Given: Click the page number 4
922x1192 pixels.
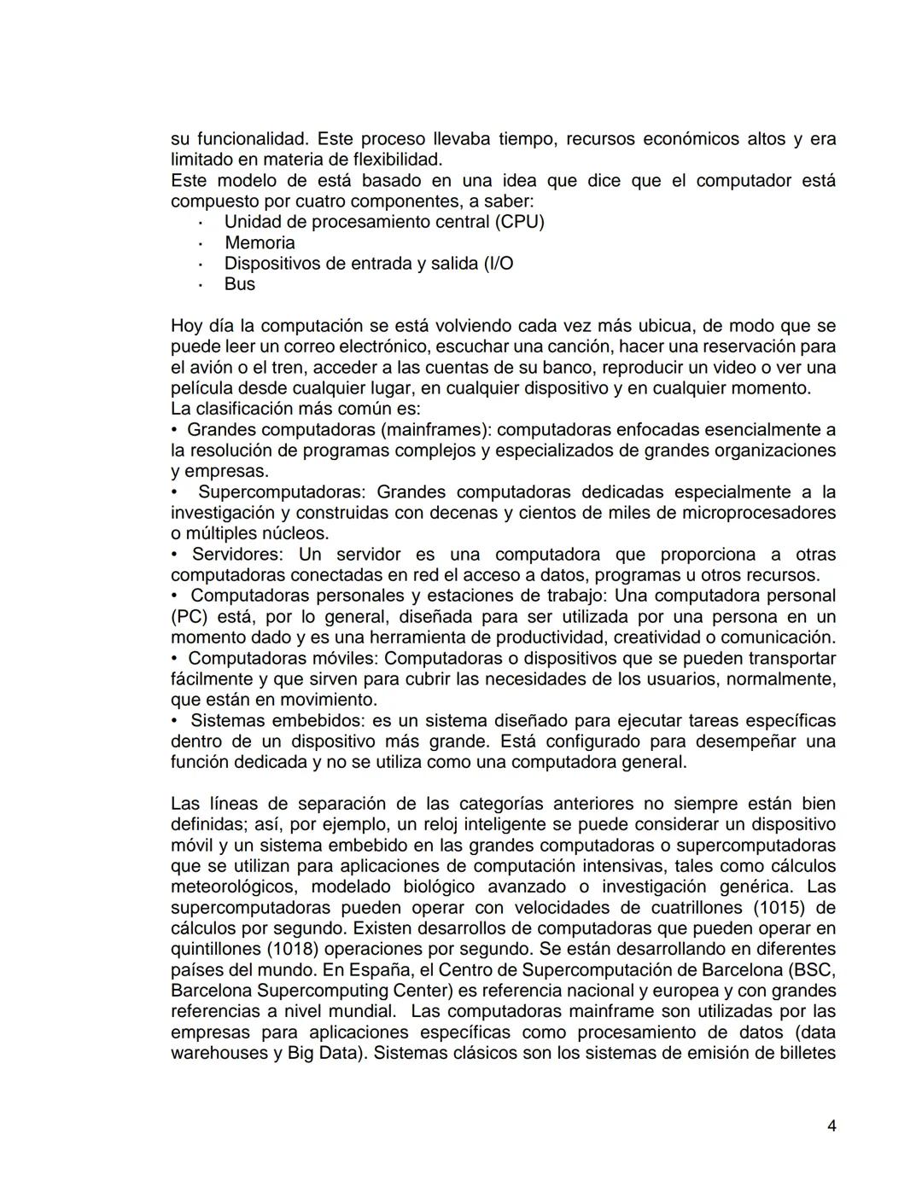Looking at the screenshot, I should (832, 1126).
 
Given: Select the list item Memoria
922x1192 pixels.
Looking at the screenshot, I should (260, 243).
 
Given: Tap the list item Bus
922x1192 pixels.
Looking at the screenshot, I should (240, 284).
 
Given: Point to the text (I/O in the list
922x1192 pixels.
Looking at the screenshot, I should (499, 264).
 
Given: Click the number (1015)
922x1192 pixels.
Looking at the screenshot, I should (785, 908).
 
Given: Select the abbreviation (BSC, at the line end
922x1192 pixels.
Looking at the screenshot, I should (813, 970).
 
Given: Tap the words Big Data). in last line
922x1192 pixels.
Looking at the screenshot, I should (327, 1054).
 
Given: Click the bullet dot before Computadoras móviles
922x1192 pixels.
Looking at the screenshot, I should (174, 659).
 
